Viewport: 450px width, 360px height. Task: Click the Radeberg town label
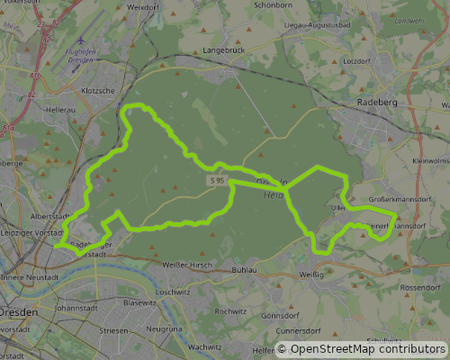(x=377, y=103)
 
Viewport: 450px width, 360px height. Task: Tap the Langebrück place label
(x=225, y=51)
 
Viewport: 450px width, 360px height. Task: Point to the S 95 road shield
(x=216, y=181)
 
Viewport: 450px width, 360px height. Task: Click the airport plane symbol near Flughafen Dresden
(x=81, y=40)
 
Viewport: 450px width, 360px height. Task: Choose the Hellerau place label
(x=60, y=110)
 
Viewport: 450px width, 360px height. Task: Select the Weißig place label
(x=310, y=274)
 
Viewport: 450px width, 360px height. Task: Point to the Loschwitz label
(x=173, y=292)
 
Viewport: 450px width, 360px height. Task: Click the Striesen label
(x=114, y=331)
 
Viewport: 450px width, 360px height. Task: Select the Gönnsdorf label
(x=279, y=316)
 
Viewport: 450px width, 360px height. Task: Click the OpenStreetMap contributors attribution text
(x=362, y=349)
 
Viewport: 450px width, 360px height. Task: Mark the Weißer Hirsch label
(x=186, y=265)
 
